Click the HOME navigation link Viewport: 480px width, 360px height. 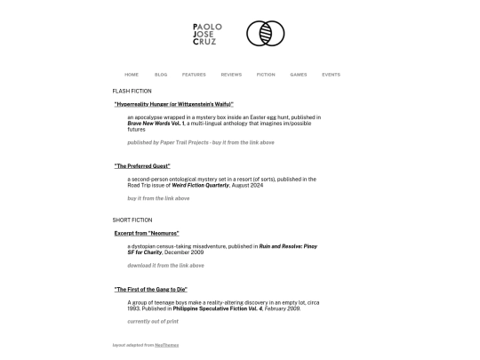pos(132,75)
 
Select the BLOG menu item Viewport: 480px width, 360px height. pos(161,75)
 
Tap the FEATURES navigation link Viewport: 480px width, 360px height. pos(194,75)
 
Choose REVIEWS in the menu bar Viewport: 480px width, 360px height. pos(231,75)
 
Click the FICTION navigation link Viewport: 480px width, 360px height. pos(266,75)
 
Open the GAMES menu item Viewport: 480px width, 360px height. pos(299,75)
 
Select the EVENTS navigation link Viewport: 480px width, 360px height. pos(331,75)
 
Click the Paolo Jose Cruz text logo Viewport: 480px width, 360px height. pos(207,34)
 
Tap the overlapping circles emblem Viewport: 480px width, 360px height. pos(265,34)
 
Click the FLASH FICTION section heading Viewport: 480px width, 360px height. pos(132,91)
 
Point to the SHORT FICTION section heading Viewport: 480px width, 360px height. pos(132,220)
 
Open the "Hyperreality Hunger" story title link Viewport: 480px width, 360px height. pos(173,104)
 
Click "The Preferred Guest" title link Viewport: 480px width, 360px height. pos(142,166)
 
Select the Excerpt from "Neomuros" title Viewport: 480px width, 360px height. pos(147,233)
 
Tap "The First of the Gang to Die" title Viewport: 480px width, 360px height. pos(150,290)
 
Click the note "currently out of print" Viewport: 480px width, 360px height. pos(153,321)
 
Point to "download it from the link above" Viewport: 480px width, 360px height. pos(165,265)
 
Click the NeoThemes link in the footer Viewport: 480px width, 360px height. pos(166,345)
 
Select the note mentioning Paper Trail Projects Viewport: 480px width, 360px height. pos(200,142)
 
